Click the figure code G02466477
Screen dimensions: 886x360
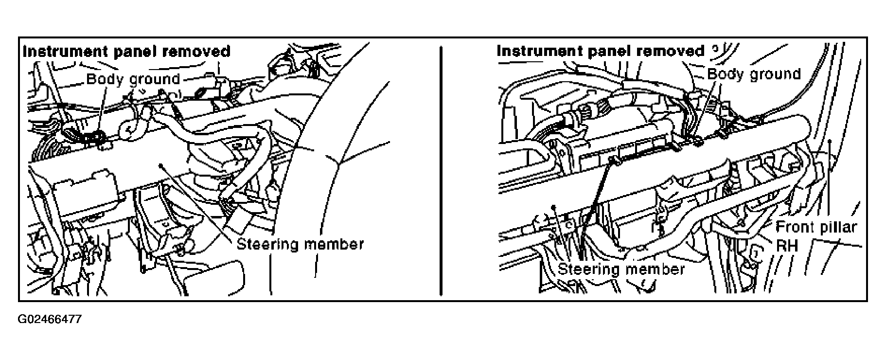click(50, 319)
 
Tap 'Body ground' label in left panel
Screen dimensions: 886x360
click(133, 79)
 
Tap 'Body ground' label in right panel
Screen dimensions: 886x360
click(754, 74)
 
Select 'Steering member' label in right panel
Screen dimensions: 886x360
click(621, 269)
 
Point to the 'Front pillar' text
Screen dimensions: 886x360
click(816, 227)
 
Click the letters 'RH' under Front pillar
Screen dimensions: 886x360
click(787, 245)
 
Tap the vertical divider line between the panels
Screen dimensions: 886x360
click(441, 170)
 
